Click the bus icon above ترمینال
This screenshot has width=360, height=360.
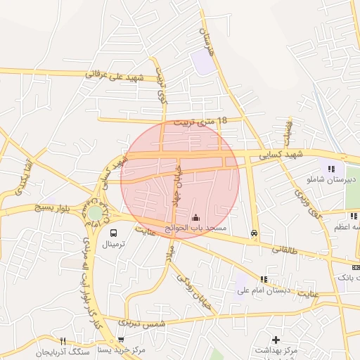point(113,233)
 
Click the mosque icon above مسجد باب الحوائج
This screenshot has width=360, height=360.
point(195,217)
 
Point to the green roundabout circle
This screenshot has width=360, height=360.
point(95,212)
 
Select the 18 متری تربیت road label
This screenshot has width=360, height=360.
point(204,121)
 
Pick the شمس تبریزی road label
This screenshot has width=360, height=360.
point(141,323)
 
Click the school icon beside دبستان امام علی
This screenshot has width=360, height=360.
point(264,278)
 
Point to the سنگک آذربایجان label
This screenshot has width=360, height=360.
point(63,351)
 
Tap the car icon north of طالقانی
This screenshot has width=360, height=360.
point(254,233)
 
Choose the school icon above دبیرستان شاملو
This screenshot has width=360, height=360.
point(331,168)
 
